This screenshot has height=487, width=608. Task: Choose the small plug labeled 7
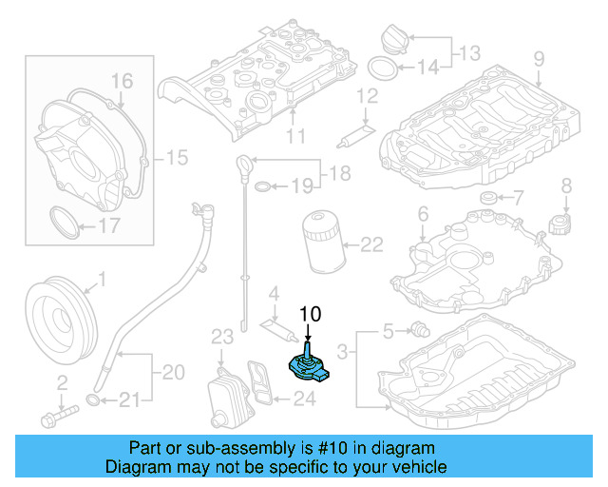point(489,198)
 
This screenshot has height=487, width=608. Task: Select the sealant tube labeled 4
point(276,324)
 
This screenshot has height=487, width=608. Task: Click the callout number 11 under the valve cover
point(296,137)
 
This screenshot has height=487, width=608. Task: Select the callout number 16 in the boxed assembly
point(122,81)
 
